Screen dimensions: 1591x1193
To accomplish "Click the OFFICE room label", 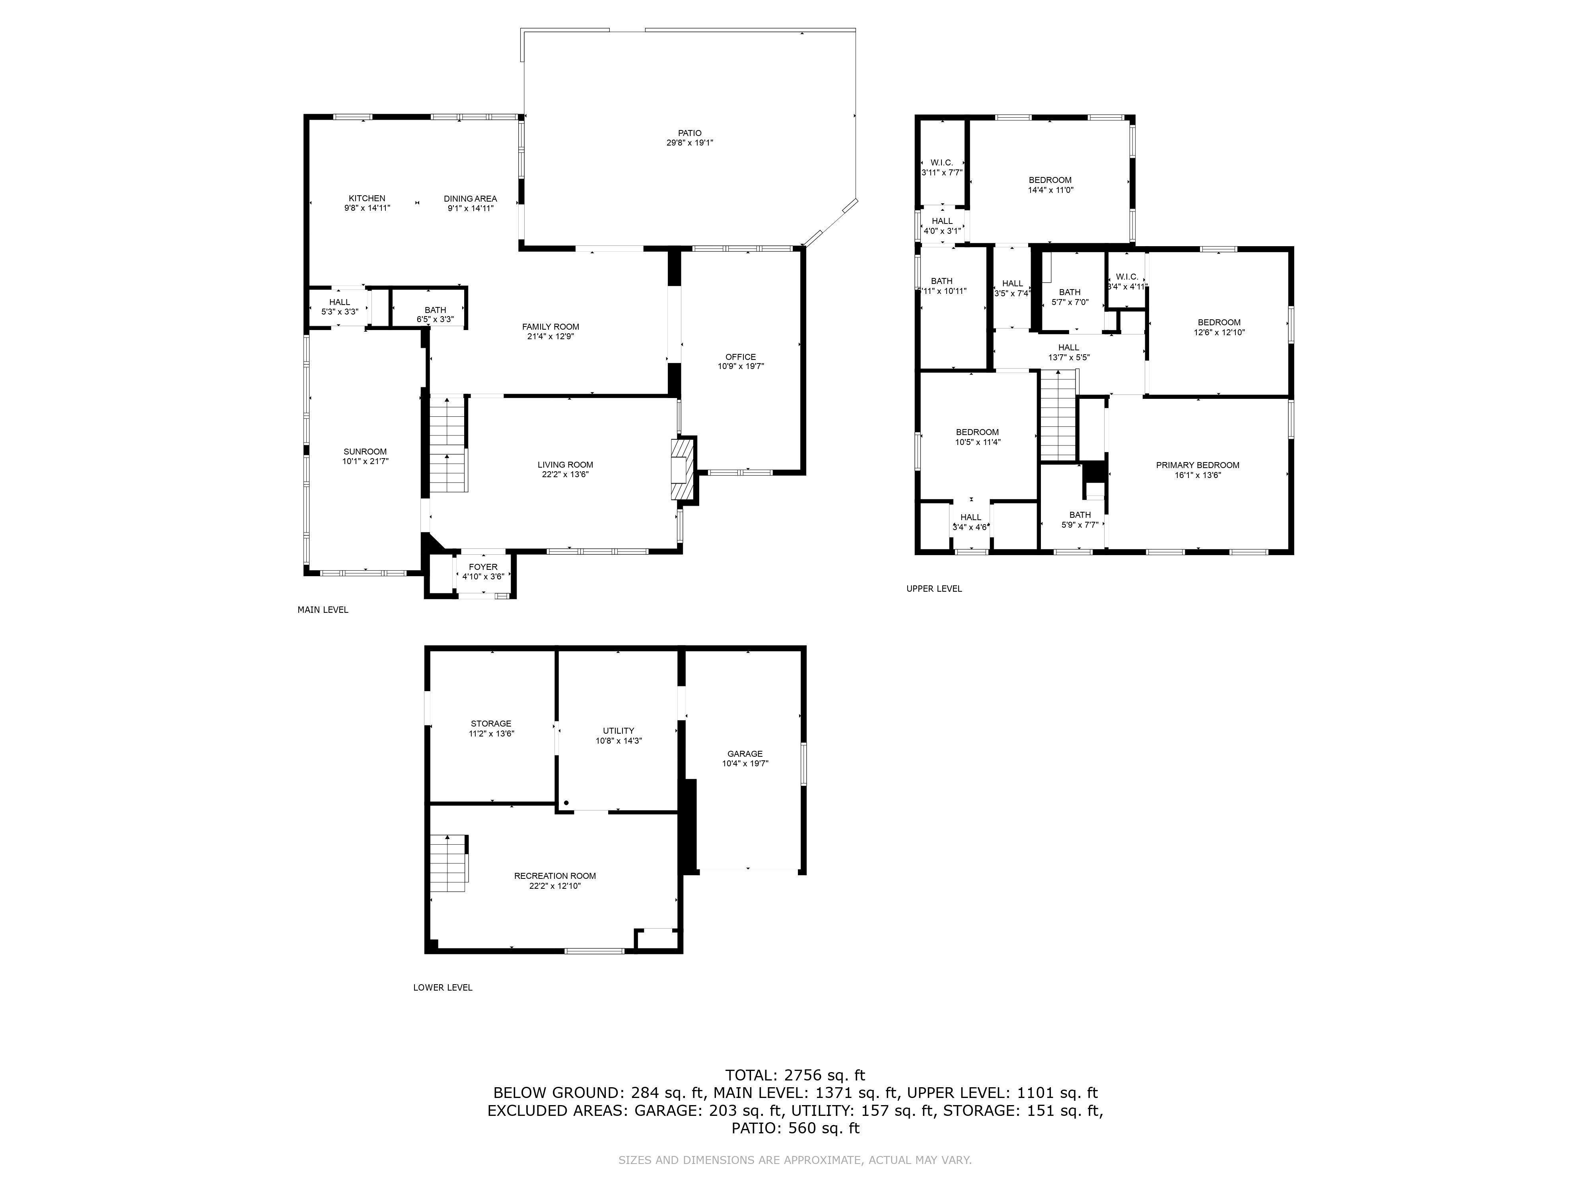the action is (740, 357).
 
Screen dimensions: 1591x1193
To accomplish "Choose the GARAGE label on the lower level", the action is (745, 754).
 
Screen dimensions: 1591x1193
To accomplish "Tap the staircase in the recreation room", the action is (449, 863).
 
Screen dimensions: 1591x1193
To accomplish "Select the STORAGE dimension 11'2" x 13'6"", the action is (491, 733).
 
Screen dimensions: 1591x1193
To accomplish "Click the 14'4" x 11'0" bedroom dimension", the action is (1050, 190).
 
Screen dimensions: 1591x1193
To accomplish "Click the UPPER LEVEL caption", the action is (934, 588).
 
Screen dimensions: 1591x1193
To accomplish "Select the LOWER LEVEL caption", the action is (442, 987).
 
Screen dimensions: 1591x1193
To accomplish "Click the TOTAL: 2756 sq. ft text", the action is (795, 1075).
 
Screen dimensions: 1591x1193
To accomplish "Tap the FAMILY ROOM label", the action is (550, 326).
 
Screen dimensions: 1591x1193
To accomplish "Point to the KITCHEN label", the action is (367, 198).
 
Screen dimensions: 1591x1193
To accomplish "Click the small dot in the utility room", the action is (566, 802).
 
